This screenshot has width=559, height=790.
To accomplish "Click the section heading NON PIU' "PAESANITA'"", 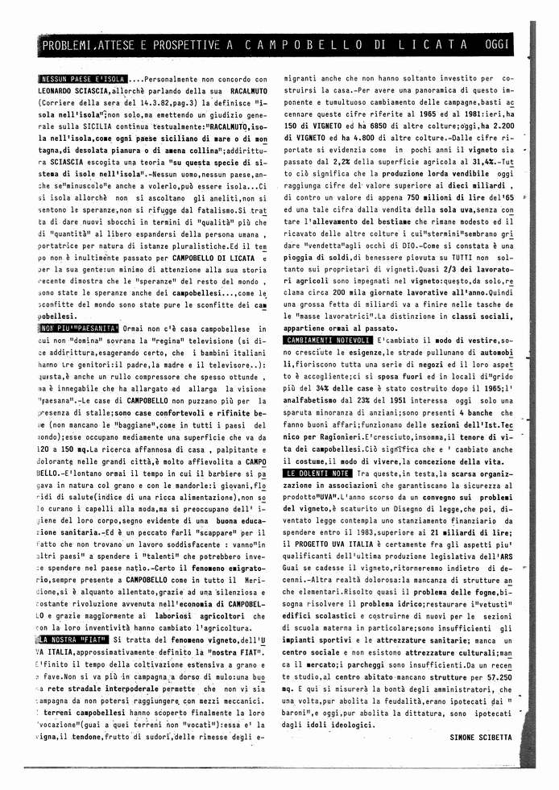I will click(x=77, y=329).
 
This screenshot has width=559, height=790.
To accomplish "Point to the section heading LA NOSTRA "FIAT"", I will click(x=76, y=639).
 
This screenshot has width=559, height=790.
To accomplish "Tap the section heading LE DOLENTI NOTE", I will click(x=317, y=473).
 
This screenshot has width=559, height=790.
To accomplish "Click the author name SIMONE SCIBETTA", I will click(x=481, y=736).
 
